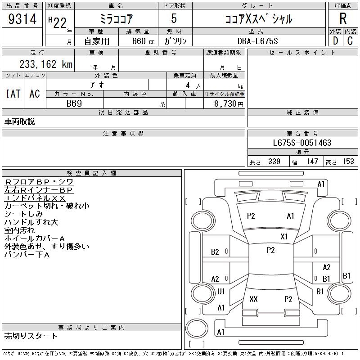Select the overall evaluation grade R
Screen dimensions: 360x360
pyautogui.click(x=343, y=18)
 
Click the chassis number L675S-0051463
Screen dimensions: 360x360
pyautogui.click(x=302, y=143)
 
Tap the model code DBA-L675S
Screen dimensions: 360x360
pyautogui.click(x=258, y=41)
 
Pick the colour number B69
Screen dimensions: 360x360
pyautogui.click(x=74, y=103)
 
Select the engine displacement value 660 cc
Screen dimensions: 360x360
pyautogui.click(x=138, y=41)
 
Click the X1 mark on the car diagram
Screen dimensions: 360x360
pyautogui.click(x=284, y=236)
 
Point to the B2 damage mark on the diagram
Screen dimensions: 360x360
pyautogui.click(x=215, y=252)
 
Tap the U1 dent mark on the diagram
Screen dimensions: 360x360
pyautogui.click(x=221, y=292)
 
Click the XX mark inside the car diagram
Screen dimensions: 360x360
pyautogui.click(x=253, y=299)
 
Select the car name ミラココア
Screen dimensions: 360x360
pyautogui.click(x=115, y=19)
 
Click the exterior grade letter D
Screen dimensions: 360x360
pyautogui.click(x=335, y=41)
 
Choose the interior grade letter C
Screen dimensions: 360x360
pyautogui.click(x=350, y=41)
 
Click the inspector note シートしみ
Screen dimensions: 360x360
pyautogui.click(x=24, y=214)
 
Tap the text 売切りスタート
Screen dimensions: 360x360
pyautogui.click(x=31, y=336)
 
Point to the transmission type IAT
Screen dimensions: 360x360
pyautogui.click(x=13, y=94)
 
